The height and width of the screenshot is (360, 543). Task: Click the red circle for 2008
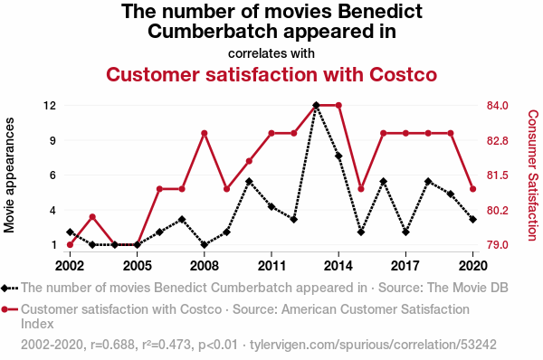(205, 133)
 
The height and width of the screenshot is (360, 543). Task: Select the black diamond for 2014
(338, 156)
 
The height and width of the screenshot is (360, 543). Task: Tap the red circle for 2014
(338, 105)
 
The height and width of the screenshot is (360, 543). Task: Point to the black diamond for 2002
(70, 232)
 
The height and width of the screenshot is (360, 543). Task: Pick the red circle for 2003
(92, 217)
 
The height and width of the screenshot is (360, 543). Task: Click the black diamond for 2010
(249, 182)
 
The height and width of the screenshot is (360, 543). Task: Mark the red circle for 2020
(473, 189)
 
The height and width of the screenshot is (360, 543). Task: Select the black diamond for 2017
(405, 232)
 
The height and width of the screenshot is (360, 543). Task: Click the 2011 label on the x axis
(271, 266)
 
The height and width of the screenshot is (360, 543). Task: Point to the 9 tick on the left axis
(52, 140)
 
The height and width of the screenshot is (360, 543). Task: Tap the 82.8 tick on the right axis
(497, 141)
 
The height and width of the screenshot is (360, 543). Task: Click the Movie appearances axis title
(9, 175)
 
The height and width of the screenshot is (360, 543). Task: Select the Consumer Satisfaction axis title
(533, 175)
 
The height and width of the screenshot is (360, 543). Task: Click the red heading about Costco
(271, 74)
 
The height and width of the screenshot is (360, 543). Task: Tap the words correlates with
(271, 53)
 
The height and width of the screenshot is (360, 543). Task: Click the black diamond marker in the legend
(5, 288)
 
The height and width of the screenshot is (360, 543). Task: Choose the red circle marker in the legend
(5, 309)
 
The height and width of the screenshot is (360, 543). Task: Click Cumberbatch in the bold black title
(213, 31)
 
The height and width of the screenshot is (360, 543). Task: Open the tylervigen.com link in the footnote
(373, 345)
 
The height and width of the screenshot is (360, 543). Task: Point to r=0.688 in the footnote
(112, 345)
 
